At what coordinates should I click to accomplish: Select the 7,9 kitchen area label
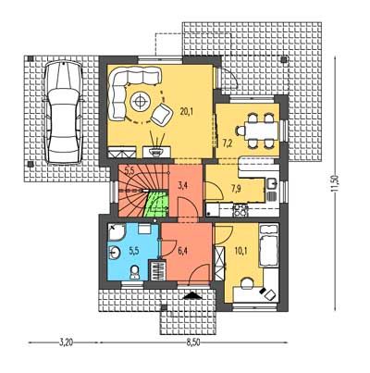(x=236, y=189)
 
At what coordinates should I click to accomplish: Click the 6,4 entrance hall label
(x=183, y=251)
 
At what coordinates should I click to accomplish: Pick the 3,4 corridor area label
(x=183, y=185)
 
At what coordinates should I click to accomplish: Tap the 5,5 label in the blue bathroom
(x=134, y=251)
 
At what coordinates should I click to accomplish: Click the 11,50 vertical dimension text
(x=335, y=183)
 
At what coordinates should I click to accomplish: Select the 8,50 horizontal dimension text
(x=193, y=343)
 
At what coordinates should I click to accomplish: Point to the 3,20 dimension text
(x=66, y=343)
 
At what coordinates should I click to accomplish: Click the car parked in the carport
(x=63, y=112)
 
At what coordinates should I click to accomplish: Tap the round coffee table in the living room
(x=141, y=101)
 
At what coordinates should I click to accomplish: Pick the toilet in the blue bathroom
(x=134, y=272)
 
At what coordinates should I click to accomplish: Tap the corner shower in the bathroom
(x=116, y=232)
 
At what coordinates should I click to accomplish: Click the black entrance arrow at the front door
(x=192, y=295)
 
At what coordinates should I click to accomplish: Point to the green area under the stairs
(x=157, y=204)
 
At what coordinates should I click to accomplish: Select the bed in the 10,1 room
(x=269, y=245)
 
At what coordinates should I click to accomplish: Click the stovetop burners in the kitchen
(x=240, y=210)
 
